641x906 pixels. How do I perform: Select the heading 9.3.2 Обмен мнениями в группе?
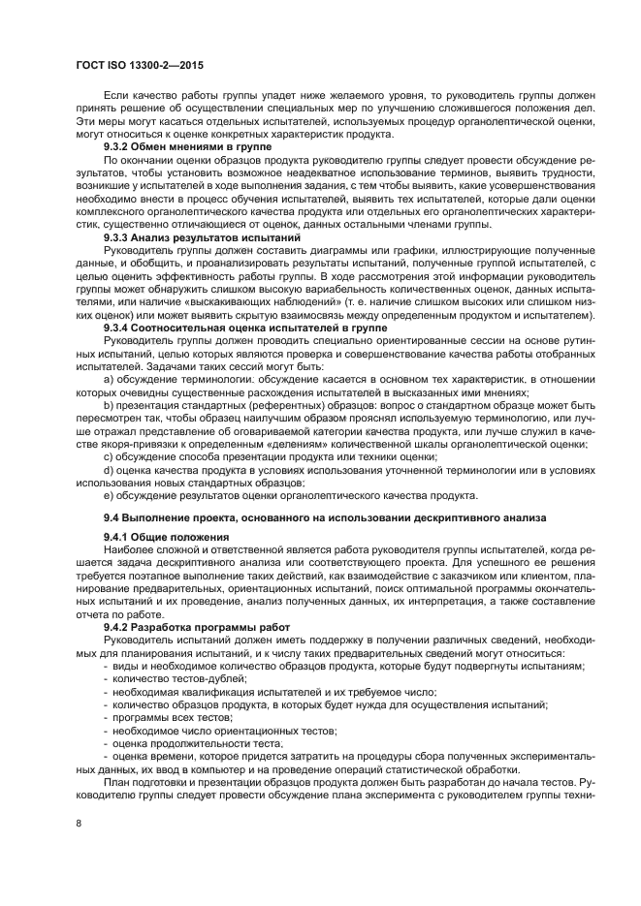click(187, 145)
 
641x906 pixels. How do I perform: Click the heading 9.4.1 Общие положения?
click(166, 537)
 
